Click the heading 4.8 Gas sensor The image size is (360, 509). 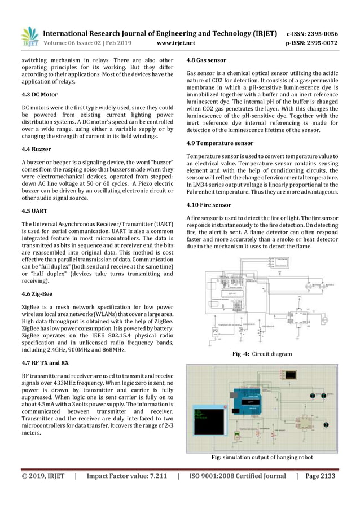pos(206,60)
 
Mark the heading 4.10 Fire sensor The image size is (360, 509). pos(208,205)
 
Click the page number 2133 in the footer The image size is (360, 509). pos(324,476)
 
